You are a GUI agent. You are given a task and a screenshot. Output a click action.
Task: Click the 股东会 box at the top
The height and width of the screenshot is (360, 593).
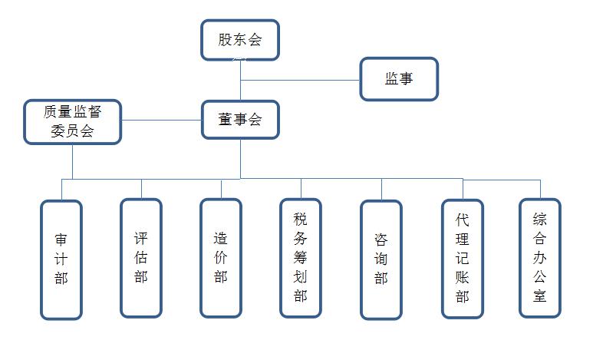(x=240, y=40)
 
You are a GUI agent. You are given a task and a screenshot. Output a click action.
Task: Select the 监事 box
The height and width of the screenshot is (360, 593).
(x=399, y=78)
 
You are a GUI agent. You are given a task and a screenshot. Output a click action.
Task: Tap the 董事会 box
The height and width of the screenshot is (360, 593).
(x=240, y=120)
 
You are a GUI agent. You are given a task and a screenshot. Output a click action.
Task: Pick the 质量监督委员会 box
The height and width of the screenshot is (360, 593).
(x=72, y=121)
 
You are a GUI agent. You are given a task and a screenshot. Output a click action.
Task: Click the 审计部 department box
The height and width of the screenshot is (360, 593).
(x=61, y=259)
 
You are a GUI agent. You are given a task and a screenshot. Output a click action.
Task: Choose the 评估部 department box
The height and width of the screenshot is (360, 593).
(x=141, y=257)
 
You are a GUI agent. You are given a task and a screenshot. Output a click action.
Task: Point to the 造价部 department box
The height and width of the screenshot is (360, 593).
(x=221, y=257)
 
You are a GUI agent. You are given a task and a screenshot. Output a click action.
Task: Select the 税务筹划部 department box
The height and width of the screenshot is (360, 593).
(x=301, y=257)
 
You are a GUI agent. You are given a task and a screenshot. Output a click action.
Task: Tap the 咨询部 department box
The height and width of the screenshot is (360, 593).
(x=381, y=259)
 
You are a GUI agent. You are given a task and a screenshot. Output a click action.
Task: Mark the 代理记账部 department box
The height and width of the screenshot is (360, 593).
(x=462, y=258)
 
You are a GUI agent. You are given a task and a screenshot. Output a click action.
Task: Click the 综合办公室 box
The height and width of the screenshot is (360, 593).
(x=540, y=257)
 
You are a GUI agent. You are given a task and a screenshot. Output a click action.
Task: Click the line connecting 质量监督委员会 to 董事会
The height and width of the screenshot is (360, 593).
(x=162, y=121)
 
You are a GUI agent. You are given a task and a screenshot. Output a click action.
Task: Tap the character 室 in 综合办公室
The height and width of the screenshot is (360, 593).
(x=540, y=296)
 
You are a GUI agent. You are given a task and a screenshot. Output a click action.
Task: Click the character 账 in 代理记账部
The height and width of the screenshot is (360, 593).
(x=462, y=277)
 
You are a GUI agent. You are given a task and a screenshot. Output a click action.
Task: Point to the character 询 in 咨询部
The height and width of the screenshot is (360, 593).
(x=381, y=259)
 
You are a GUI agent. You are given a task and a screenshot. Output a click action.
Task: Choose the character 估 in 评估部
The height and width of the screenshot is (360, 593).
(x=141, y=257)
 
